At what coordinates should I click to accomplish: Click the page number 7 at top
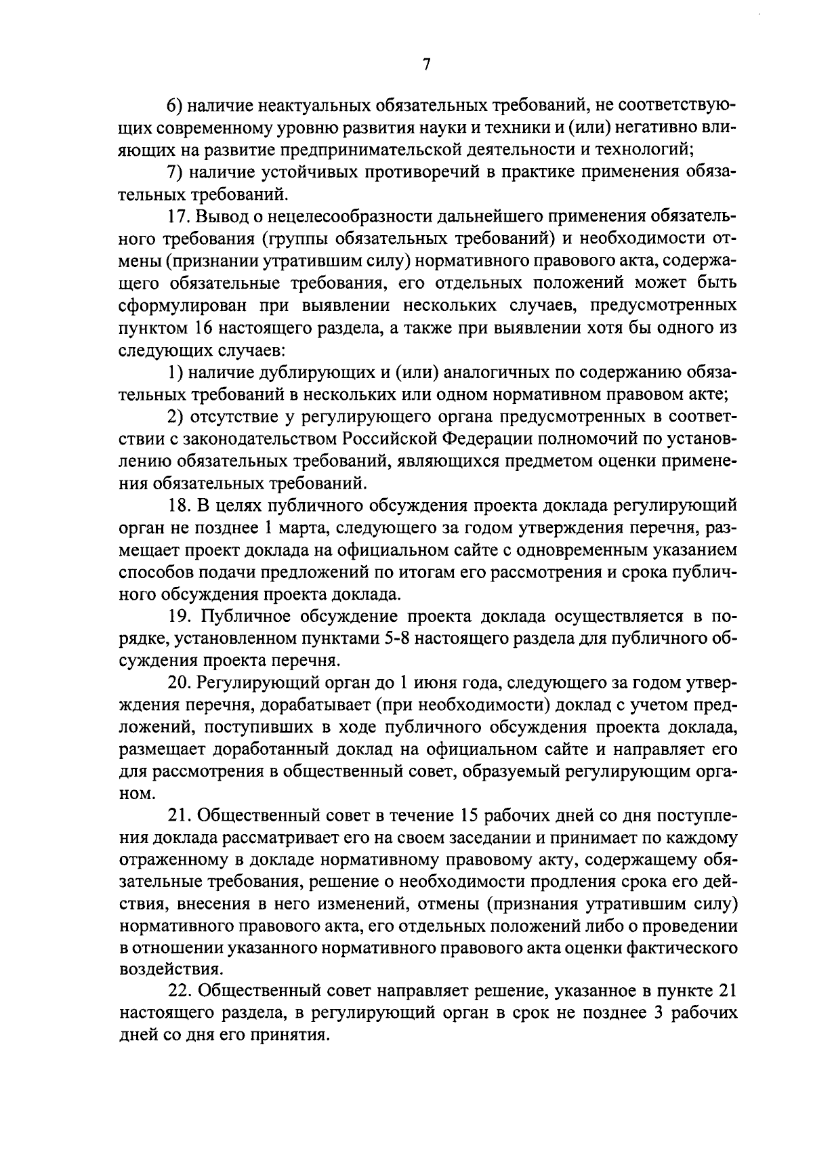pyautogui.click(x=426, y=64)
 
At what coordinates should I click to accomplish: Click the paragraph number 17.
pyautogui.click(x=180, y=218)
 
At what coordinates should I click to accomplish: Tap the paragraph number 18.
pyautogui.click(x=180, y=506)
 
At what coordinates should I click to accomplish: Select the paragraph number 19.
pyautogui.click(x=180, y=616)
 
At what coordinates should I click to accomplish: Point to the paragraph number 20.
pyautogui.click(x=180, y=682)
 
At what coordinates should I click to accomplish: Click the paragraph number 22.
pyautogui.click(x=180, y=991)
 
